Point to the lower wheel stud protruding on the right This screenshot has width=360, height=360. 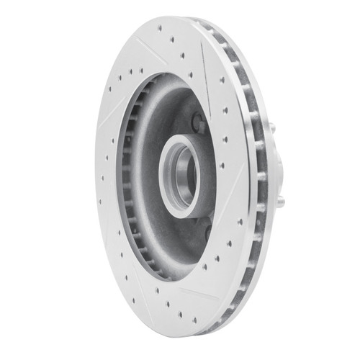click(280, 202)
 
